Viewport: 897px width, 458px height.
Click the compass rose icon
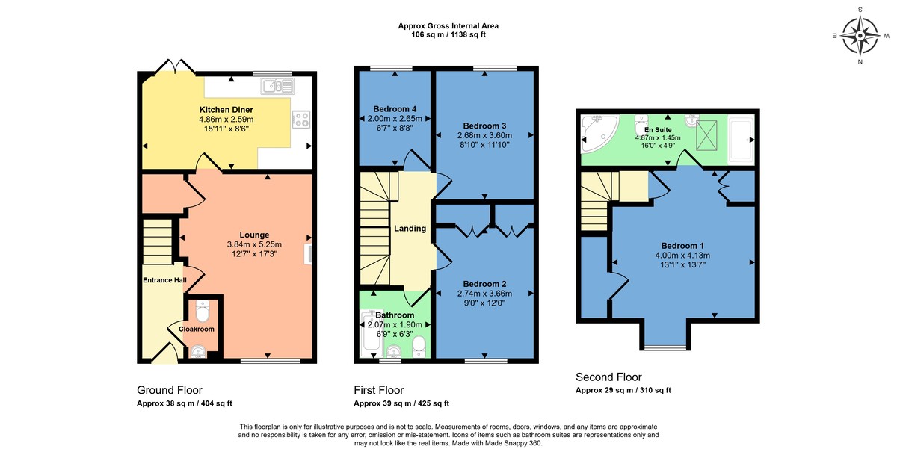point(860,35)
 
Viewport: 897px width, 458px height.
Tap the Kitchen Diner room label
point(226,110)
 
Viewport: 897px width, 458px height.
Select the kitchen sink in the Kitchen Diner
point(275,87)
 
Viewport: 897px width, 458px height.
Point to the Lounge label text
point(254,235)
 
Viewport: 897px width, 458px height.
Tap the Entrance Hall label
point(164,280)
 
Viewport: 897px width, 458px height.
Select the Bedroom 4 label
point(395,109)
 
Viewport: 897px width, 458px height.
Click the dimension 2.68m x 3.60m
point(485,135)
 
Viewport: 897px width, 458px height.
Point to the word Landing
point(410,229)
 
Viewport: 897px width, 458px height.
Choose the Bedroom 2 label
point(484,284)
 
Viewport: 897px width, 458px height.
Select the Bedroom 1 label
point(682,245)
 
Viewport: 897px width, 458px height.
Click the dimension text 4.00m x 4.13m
point(682,255)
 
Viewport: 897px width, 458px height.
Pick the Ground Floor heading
point(169,390)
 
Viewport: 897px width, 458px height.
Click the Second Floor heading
point(608,377)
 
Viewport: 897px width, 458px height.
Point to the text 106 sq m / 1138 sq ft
point(448,35)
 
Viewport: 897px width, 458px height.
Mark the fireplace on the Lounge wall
point(307,254)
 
